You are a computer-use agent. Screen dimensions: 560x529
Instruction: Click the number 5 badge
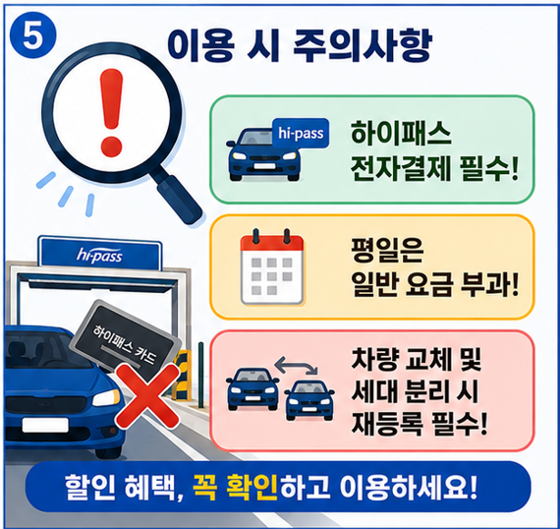(x=32, y=36)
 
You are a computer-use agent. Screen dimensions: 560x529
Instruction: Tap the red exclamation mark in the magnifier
(x=111, y=113)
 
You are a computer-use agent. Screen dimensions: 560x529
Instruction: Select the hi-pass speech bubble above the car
(x=301, y=133)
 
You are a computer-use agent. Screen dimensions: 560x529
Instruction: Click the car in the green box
(x=264, y=154)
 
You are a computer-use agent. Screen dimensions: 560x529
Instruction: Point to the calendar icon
(x=272, y=266)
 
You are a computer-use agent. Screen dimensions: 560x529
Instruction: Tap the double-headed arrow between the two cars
(x=296, y=365)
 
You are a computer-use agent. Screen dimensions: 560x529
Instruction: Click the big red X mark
(x=147, y=395)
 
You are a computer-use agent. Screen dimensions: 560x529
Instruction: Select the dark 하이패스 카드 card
(x=125, y=340)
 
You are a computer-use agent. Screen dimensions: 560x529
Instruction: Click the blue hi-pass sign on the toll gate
(x=99, y=255)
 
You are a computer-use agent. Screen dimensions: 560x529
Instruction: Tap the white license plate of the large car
(x=45, y=425)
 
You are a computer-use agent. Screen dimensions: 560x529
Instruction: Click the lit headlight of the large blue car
(x=106, y=397)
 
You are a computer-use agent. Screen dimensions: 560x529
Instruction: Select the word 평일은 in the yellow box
(x=387, y=250)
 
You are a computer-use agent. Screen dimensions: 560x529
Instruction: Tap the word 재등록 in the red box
(x=387, y=424)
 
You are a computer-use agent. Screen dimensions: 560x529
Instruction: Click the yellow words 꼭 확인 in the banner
(x=235, y=487)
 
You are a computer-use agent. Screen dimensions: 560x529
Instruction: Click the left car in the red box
(x=252, y=389)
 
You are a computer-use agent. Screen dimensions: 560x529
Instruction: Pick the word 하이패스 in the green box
(x=401, y=134)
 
